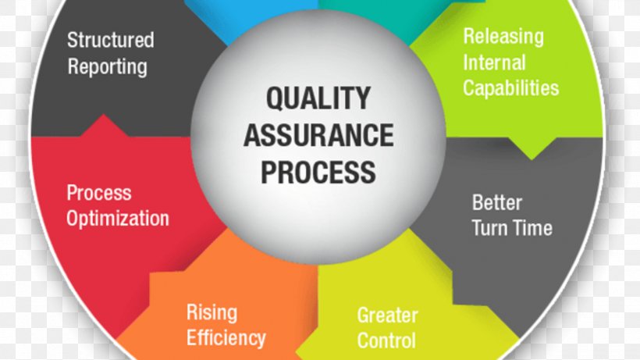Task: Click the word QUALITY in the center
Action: pyautogui.click(x=318, y=98)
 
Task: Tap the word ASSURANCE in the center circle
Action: pyautogui.click(x=318, y=135)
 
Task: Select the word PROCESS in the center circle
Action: pyautogui.click(x=318, y=171)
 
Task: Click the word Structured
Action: pyautogui.click(x=110, y=40)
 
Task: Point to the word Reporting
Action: pyautogui.click(x=107, y=66)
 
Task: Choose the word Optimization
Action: pyautogui.click(x=117, y=217)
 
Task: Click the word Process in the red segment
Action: pyautogui.click(x=98, y=192)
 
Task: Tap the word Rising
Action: pyautogui.click(x=211, y=313)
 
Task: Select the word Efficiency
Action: pyautogui.click(x=226, y=337)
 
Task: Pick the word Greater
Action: pyautogui.click(x=387, y=315)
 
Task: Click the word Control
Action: pyautogui.click(x=386, y=340)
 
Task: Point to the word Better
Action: pyautogui.click(x=496, y=203)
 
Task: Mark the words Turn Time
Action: pyautogui.click(x=511, y=228)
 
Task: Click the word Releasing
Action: pyautogui.click(x=503, y=36)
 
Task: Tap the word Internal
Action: pyautogui.click(x=494, y=62)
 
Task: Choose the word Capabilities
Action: pyautogui.click(x=510, y=87)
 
